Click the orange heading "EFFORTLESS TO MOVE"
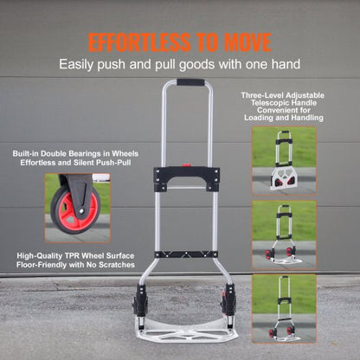pyautogui.click(x=179, y=42)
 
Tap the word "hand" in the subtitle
pyautogui.click(x=286, y=63)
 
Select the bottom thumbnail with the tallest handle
pyautogui.click(x=283, y=305)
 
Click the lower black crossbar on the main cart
pyautogui.click(x=186, y=254)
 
